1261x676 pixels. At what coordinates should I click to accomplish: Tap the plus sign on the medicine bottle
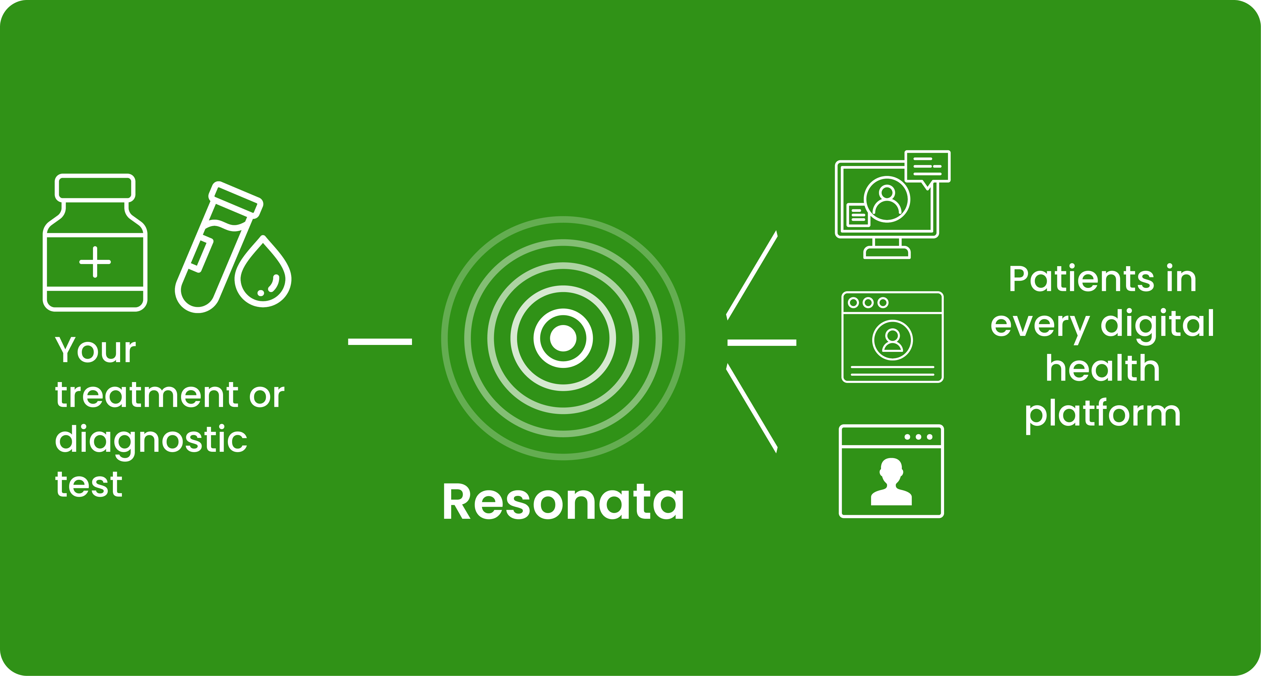point(95,262)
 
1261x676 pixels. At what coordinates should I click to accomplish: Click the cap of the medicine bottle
point(95,187)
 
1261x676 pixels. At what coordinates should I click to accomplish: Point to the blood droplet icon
point(263,274)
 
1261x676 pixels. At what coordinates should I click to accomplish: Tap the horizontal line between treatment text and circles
point(380,342)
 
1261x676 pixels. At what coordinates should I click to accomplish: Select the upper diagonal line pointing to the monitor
point(752,275)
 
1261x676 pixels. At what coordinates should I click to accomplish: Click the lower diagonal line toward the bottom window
point(752,408)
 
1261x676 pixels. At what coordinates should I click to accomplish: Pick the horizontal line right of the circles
point(762,343)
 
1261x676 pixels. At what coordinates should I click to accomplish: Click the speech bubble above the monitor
point(927,166)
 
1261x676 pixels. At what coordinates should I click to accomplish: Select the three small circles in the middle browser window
point(868,302)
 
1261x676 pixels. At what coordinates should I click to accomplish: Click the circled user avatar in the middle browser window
point(892,340)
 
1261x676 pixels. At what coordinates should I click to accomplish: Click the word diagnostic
point(151,440)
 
